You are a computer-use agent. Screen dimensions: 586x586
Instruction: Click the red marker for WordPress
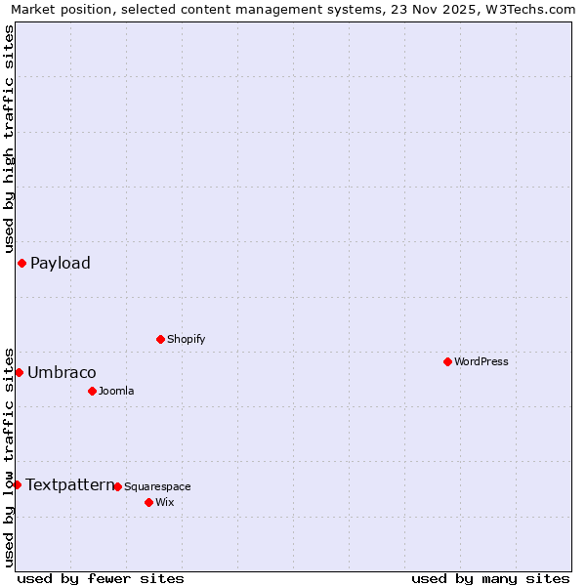coord(447,361)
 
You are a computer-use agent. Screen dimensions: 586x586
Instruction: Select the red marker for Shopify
coord(160,339)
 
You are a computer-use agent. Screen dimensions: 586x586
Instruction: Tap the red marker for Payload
coord(21,263)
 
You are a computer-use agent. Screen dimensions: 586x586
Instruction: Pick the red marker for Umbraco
coord(19,372)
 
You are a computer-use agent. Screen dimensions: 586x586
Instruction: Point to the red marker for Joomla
coord(92,391)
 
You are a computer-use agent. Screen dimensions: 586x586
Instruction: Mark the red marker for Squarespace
coord(117,486)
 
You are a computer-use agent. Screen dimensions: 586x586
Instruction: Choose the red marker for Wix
coord(148,502)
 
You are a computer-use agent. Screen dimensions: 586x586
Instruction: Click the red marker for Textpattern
coord(17,484)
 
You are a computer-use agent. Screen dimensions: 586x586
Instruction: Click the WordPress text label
coord(481,361)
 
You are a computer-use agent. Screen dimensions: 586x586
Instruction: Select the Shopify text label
coord(186,339)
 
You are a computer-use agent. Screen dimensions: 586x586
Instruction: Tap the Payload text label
coord(61,263)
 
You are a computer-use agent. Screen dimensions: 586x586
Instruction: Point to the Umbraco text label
coord(62,372)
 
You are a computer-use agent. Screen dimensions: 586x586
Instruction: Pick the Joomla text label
coord(116,391)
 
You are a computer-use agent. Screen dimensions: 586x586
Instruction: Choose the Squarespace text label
coord(157,486)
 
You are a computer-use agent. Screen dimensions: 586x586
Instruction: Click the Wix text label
coord(164,502)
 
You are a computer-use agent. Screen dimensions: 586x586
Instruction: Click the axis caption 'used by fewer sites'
coord(101,578)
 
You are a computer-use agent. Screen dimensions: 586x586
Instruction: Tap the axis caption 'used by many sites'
coord(490,578)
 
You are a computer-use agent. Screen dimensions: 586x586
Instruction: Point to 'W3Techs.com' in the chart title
coord(528,9)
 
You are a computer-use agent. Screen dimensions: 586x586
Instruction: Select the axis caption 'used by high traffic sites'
coord(9,139)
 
